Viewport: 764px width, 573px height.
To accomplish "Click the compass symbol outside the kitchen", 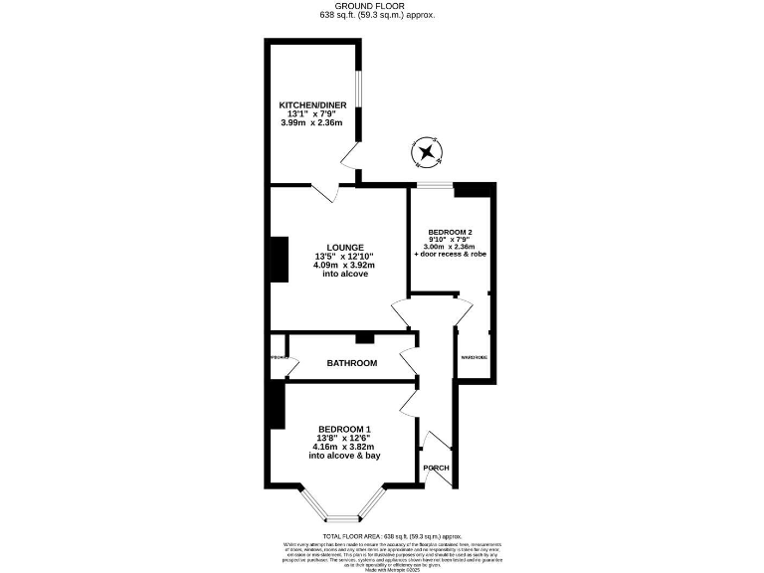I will (428, 152).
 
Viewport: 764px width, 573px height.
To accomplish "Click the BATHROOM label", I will (352, 363).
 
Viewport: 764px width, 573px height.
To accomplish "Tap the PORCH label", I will (436, 468).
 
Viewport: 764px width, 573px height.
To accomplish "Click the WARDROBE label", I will (474, 357).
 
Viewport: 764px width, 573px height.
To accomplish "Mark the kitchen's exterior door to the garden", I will (349, 156).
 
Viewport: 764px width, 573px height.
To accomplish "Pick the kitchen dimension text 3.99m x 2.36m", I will (310, 122).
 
